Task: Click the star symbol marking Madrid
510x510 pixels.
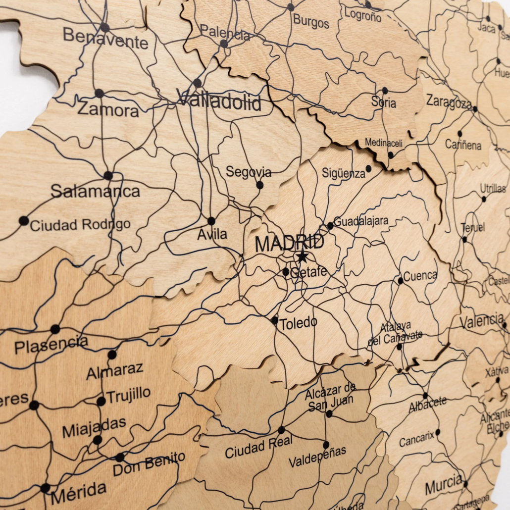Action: [302, 257]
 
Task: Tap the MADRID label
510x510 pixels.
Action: [290, 243]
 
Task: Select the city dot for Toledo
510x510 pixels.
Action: [274, 320]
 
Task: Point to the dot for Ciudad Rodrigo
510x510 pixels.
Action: [24, 220]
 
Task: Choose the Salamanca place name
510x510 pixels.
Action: [96, 191]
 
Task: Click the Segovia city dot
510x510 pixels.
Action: [259, 185]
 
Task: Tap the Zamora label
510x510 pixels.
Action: [108, 109]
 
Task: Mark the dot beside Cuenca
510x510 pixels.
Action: [400, 281]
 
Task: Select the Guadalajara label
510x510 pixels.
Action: [361, 221]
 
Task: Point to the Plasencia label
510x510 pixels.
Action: [51, 344]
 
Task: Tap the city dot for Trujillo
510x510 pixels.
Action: [101, 401]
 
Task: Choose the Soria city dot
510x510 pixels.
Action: [385, 91]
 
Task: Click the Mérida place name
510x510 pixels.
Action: [78, 491]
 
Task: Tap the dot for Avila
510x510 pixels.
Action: [211, 221]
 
